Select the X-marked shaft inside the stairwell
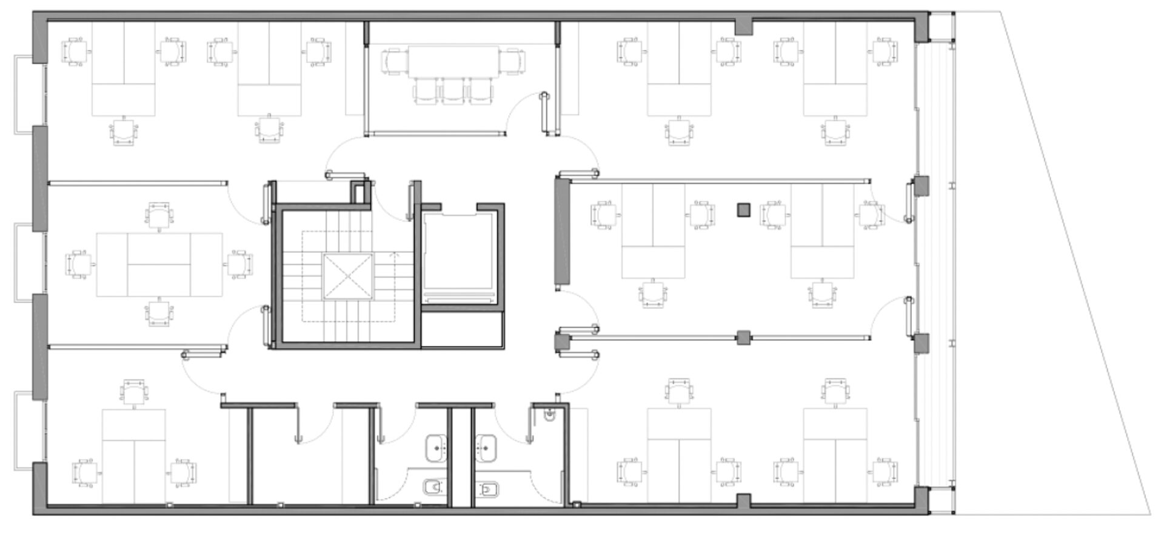348,277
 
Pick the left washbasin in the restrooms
436,448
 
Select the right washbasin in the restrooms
486,448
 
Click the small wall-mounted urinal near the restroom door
549,415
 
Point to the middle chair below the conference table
452,92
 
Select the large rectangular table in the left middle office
159,264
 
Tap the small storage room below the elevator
463,329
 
